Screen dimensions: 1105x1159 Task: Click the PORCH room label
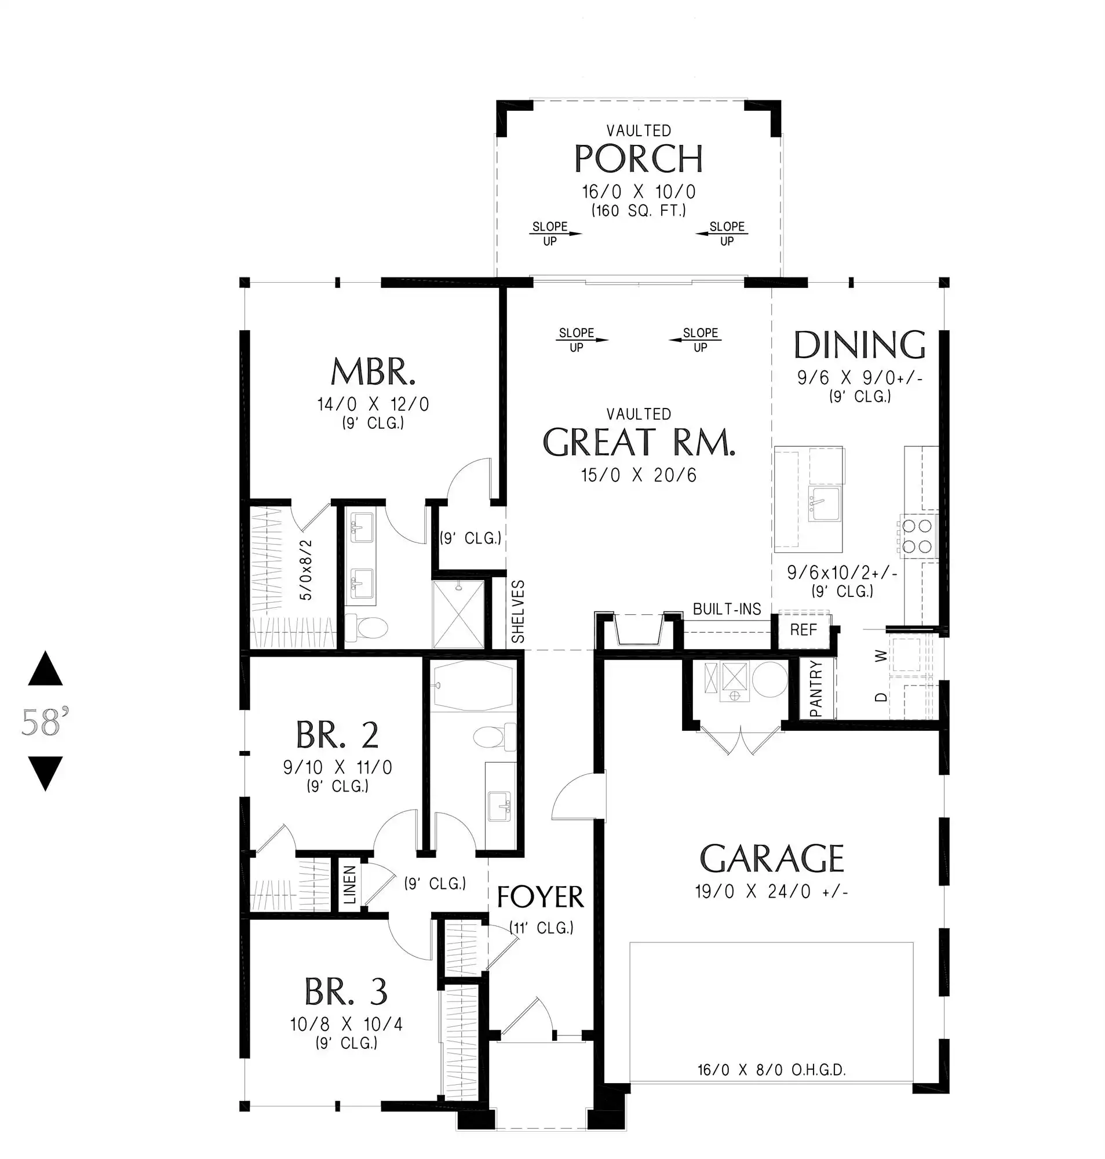click(639, 158)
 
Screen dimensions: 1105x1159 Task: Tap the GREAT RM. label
click(639, 442)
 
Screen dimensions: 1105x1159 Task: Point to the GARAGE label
click(772, 858)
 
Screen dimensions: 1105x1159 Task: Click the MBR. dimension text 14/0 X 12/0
click(373, 404)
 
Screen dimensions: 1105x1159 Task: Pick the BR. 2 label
click(337, 734)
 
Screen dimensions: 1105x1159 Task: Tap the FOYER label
click(540, 897)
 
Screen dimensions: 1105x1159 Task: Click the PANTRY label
click(816, 688)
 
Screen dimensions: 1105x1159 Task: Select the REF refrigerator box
click(804, 630)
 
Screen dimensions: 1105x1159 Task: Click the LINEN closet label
click(350, 884)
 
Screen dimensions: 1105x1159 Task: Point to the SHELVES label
click(518, 611)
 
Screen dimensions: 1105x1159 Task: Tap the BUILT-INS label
click(727, 609)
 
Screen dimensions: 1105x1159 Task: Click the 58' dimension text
click(45, 722)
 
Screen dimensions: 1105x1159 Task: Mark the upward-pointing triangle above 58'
click(45, 668)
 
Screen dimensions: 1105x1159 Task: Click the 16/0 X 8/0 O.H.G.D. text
click(772, 1070)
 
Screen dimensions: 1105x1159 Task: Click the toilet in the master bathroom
click(366, 628)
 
